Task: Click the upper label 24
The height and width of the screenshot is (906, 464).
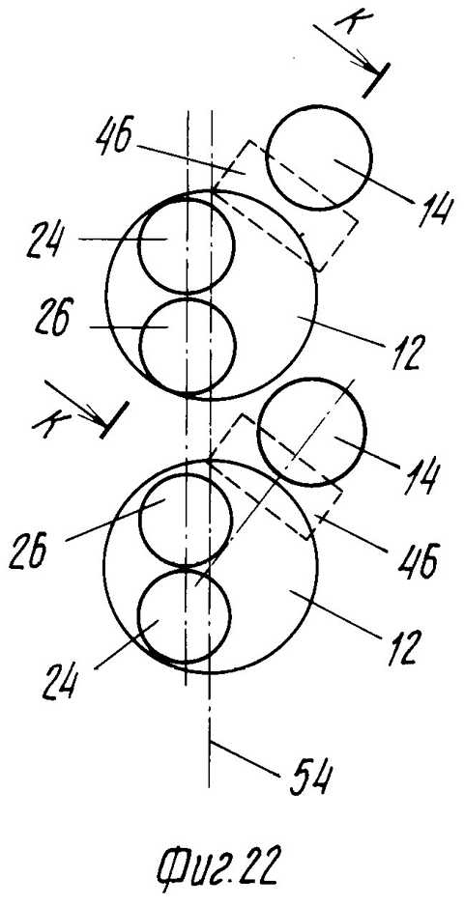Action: tap(47, 239)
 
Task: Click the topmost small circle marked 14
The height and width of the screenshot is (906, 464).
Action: tap(318, 156)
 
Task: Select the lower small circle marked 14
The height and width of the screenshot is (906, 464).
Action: tap(311, 431)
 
